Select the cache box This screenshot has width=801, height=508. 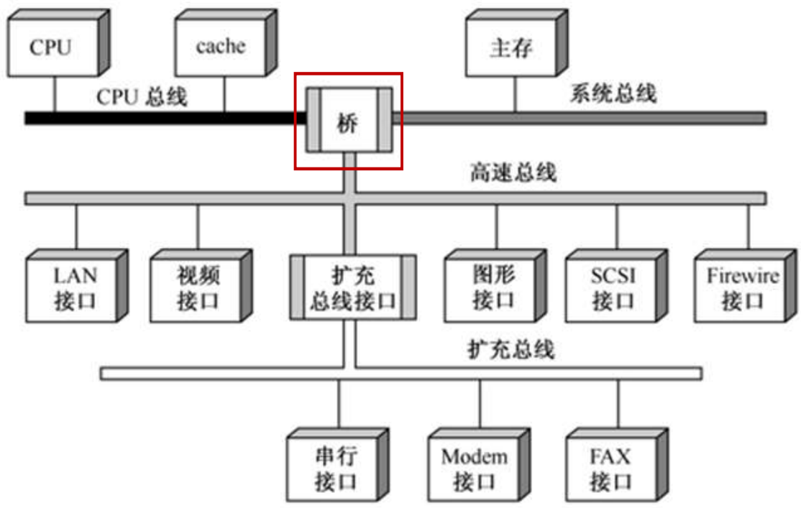click(219, 47)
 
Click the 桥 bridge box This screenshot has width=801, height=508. click(349, 121)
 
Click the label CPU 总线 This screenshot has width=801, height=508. click(142, 97)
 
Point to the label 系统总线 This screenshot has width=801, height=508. click(613, 93)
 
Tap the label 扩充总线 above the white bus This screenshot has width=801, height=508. click(511, 350)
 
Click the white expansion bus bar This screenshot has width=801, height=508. click(216, 373)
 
